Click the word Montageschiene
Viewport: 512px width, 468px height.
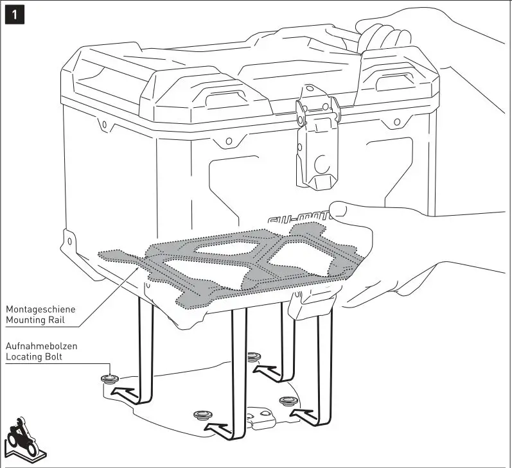click(x=40, y=308)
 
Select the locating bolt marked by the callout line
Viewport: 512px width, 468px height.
click(x=108, y=379)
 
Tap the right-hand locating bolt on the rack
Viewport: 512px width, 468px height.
click(x=287, y=401)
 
